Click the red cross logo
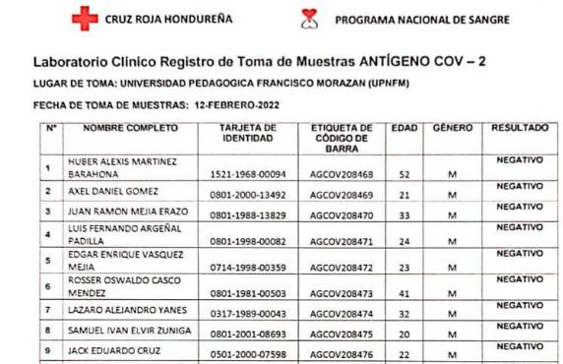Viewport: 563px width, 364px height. point(85,18)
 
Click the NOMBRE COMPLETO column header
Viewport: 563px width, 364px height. point(130,128)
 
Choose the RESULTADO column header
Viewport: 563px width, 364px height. point(520,128)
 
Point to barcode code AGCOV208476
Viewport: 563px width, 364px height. point(342,355)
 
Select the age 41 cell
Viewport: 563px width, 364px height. point(404,293)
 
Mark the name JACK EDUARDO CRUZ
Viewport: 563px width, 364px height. point(111,352)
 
